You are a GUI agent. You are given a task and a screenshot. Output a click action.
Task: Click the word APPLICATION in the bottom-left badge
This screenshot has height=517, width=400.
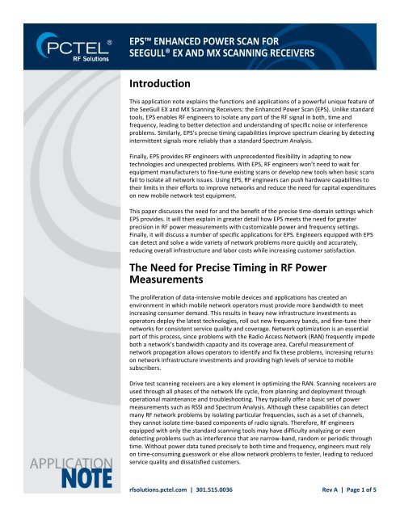click(56, 471)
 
